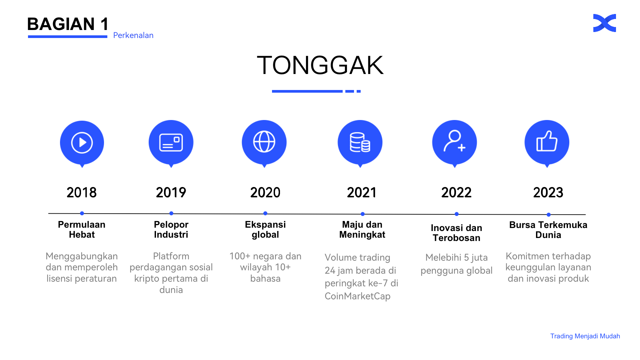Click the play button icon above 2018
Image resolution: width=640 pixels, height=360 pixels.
[x=82, y=143]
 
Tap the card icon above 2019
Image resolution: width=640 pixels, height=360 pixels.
[x=171, y=143]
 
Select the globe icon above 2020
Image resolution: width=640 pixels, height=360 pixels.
[x=264, y=142]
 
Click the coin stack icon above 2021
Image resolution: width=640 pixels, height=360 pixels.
[x=360, y=142]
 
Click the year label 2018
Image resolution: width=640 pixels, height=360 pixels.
[x=82, y=193]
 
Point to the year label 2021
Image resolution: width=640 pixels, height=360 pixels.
[x=362, y=193]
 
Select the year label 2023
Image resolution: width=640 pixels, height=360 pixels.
[x=548, y=193]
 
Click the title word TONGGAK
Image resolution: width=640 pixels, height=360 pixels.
[x=320, y=65]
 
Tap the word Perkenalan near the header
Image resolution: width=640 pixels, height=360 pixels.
[x=133, y=35]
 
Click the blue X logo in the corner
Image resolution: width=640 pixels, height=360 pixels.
[x=605, y=23]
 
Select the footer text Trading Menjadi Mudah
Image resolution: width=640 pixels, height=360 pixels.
[x=585, y=336]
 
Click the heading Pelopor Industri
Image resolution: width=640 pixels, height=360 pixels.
[x=171, y=229]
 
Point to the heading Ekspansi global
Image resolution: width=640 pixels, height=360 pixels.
[x=265, y=229]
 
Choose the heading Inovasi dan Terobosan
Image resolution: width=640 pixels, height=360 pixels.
[x=456, y=233]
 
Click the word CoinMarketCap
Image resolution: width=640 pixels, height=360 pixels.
[x=357, y=296]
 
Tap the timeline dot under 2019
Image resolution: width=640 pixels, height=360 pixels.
[x=171, y=213]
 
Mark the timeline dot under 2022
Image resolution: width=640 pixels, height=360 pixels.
[x=457, y=214]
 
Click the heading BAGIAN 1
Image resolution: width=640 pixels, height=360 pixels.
[x=68, y=24]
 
